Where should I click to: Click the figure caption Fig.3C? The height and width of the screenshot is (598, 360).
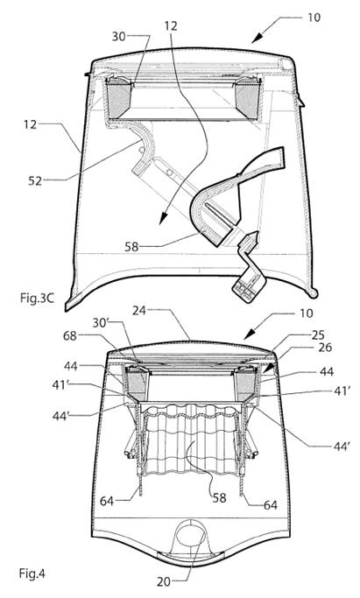tap(37, 298)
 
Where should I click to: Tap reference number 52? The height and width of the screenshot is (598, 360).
tap(35, 180)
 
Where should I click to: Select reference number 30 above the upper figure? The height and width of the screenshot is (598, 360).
tap(118, 37)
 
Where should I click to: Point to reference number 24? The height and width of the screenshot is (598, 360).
tap(139, 311)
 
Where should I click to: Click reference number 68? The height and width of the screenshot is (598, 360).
tap(70, 336)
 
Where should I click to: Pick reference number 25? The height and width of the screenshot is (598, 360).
tap(318, 334)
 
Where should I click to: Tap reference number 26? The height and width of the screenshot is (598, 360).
tap(325, 348)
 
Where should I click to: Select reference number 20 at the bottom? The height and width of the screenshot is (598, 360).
tap(164, 582)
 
